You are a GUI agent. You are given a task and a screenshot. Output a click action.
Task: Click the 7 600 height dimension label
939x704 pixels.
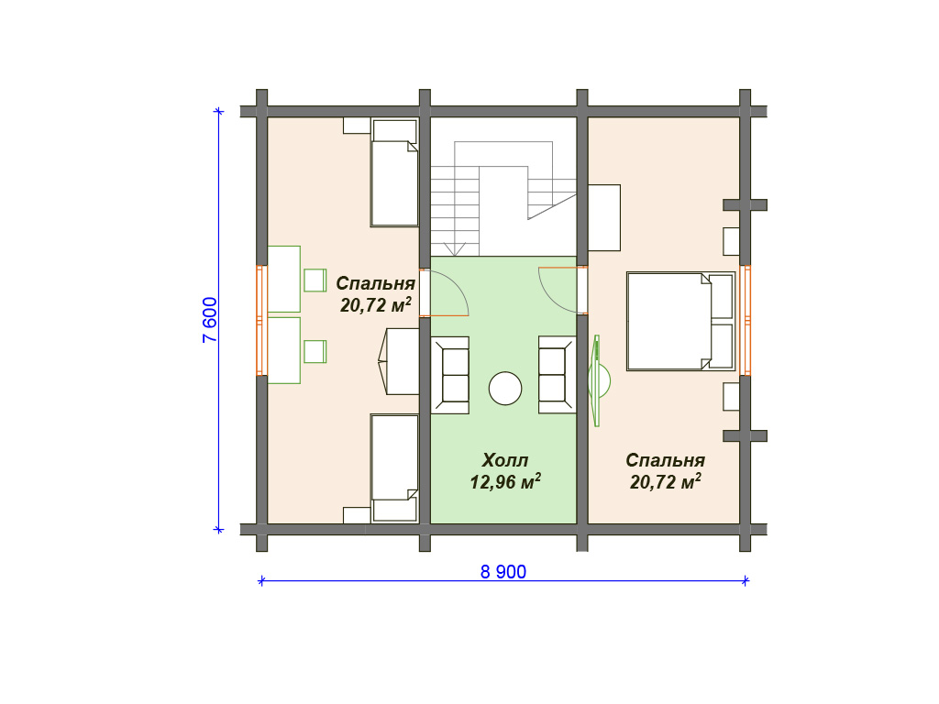pos(210,320)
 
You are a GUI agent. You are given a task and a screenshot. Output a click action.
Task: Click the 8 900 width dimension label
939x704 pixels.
pos(503,572)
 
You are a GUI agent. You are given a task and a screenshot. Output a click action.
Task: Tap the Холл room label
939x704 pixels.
pos(505,460)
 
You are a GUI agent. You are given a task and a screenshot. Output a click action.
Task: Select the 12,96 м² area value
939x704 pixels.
pos(505,481)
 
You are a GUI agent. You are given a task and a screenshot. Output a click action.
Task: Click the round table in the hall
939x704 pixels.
pos(505,388)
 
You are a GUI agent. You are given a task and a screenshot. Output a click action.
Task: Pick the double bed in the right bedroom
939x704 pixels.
pos(681,322)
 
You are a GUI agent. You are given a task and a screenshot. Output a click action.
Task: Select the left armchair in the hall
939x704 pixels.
pos(450,375)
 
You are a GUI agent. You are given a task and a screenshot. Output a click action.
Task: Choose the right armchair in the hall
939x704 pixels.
pos(557,375)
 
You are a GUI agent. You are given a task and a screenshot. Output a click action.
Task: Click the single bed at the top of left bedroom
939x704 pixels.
pos(394,173)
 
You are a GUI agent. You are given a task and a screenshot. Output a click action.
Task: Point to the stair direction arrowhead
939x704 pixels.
pos(455,249)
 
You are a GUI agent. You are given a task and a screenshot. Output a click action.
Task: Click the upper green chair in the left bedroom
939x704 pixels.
pos(315,280)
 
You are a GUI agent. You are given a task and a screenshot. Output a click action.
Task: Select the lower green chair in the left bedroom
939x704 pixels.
pos(315,351)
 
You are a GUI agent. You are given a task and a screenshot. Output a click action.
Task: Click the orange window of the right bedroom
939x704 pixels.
pos(745,320)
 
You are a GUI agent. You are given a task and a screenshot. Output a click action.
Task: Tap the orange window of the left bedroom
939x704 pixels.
pos(261,320)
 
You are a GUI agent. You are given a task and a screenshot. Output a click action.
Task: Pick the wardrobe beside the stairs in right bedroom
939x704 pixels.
pos(604,218)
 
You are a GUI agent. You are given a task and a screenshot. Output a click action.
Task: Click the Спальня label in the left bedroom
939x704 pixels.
pos(375,283)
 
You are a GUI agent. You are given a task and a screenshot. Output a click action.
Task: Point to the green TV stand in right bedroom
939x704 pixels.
pos(597,380)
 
